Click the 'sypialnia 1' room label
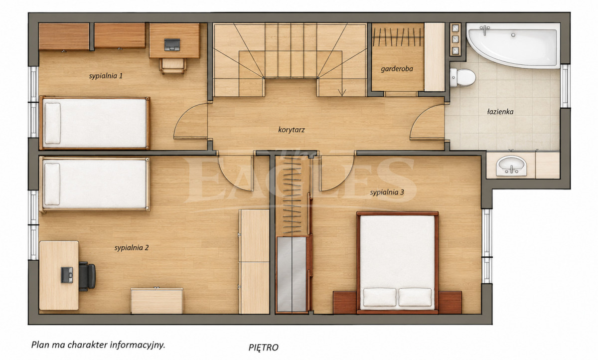tap(106, 76)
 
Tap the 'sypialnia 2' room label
tap(132, 248)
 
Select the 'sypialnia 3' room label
tap(387, 192)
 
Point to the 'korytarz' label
tap(292, 130)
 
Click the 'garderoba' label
tap(397, 69)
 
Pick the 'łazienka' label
tap(500, 112)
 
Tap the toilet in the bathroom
tap(462, 77)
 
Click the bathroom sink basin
tap(511, 166)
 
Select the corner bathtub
tap(513, 45)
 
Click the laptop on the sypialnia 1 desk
tap(172, 44)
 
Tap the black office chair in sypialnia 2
tap(87, 276)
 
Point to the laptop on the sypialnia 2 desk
tap(67, 275)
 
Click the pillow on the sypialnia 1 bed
tap(53, 123)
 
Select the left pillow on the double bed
tap(380, 297)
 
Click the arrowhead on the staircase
tap(342, 93)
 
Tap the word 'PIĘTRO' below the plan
tap(264, 348)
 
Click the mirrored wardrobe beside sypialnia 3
tap(292, 274)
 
